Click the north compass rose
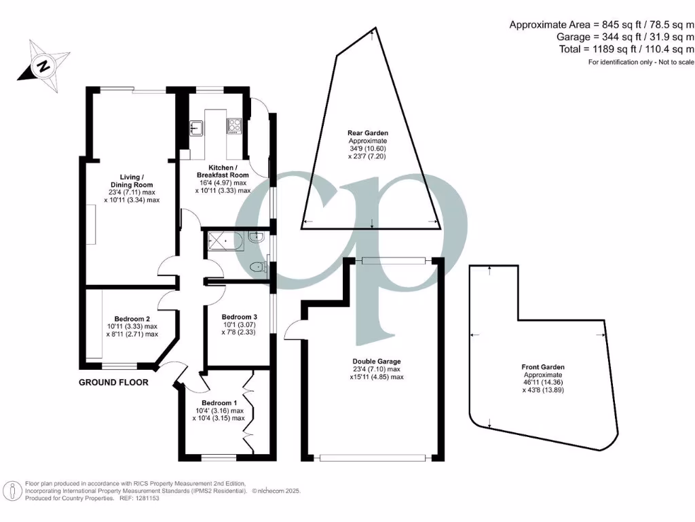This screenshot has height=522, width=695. [44, 66]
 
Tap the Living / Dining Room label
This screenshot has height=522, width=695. [132, 180]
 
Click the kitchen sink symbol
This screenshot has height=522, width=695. [196, 126]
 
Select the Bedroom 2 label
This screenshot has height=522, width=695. [132, 319]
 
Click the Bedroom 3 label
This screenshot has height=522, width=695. [240, 317]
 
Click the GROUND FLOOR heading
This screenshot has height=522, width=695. [113, 383]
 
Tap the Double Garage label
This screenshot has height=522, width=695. [377, 361]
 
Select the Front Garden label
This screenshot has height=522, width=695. [544, 367]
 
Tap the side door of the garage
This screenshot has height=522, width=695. [293, 331]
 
